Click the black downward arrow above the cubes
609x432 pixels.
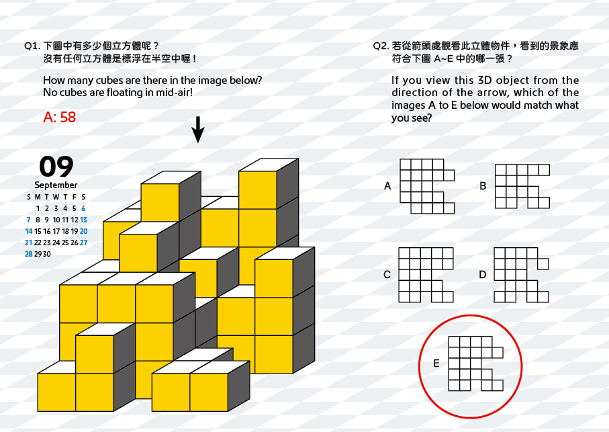[x=198, y=130]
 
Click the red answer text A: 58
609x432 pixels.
[x=60, y=117]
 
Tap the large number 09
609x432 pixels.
[x=56, y=166]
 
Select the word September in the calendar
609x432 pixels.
[x=56, y=185]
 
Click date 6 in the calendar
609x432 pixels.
[x=83, y=208]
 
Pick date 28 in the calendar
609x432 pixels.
[x=28, y=254]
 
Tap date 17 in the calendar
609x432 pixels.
[x=56, y=231]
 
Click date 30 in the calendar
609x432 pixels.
[x=46, y=254]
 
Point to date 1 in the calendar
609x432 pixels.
[x=38, y=208]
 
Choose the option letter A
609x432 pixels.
[x=387, y=186]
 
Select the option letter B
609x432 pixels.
[x=483, y=186]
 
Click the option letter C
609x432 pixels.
[x=387, y=275]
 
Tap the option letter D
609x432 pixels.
[x=482, y=275]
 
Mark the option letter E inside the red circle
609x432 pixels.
[x=436, y=363]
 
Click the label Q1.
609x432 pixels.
[x=32, y=46]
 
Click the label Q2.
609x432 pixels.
[x=381, y=46]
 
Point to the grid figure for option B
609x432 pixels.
[x=522, y=186]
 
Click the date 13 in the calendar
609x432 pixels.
[x=83, y=220]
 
